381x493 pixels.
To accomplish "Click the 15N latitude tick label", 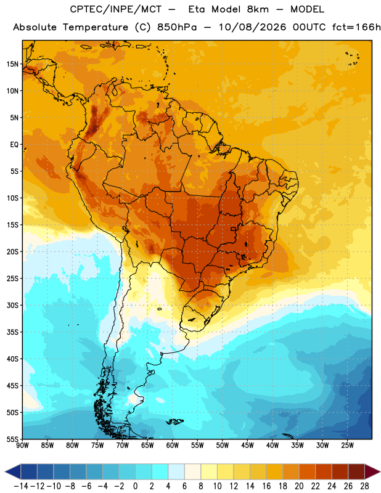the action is click(x=12, y=64).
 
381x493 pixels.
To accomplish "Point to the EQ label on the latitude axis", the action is click(x=14, y=145).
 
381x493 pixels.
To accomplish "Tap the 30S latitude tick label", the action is click(x=12, y=305).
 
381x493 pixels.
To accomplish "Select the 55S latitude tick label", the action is click(x=12, y=439).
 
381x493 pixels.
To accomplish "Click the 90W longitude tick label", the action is click(x=22, y=446).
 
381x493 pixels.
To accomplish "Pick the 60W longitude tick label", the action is click(x=173, y=446).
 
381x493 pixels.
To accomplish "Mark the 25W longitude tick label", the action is click(x=347, y=446).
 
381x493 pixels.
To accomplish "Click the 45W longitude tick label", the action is click(x=248, y=446).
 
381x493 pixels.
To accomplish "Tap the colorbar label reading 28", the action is click(x=364, y=486).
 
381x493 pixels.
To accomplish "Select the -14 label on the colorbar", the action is click(x=21, y=486).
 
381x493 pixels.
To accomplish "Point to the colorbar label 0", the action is click(x=135, y=486).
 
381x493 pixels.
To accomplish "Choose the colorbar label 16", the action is click(x=266, y=486).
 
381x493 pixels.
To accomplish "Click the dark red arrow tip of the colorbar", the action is click(x=372, y=471).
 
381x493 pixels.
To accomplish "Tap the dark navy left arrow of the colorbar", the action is click(x=13, y=471).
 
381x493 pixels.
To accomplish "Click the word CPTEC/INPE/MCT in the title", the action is click(x=116, y=9).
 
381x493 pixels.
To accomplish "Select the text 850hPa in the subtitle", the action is click(x=177, y=27).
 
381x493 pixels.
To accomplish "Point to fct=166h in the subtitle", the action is click(x=356, y=27).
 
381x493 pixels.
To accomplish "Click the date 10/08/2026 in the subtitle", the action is click(x=252, y=27).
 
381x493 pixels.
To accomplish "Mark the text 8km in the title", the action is click(x=258, y=9).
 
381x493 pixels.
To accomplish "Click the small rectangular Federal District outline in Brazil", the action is click(x=234, y=229).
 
